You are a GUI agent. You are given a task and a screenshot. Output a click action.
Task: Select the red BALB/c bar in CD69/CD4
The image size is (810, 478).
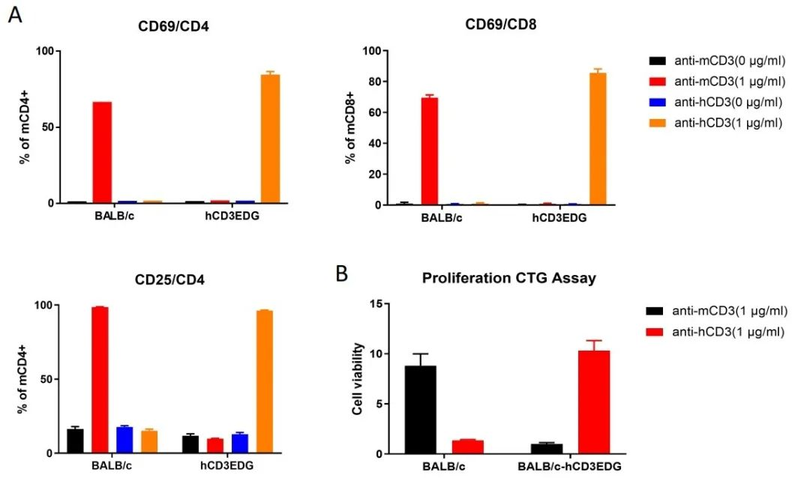tap(102, 153)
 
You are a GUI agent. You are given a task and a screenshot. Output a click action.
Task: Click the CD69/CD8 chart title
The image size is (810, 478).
tap(501, 25)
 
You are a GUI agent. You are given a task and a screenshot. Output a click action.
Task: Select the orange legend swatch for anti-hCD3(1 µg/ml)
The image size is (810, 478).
tap(656, 124)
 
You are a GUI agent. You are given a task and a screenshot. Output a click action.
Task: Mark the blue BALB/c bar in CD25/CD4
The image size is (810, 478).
tap(124, 440)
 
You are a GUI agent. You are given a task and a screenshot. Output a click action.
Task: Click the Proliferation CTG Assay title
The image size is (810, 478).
tap(509, 278)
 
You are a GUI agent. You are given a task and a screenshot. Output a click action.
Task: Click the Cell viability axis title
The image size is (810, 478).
tap(358, 378)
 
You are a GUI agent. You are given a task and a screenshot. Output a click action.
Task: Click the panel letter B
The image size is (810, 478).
tap(341, 274)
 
